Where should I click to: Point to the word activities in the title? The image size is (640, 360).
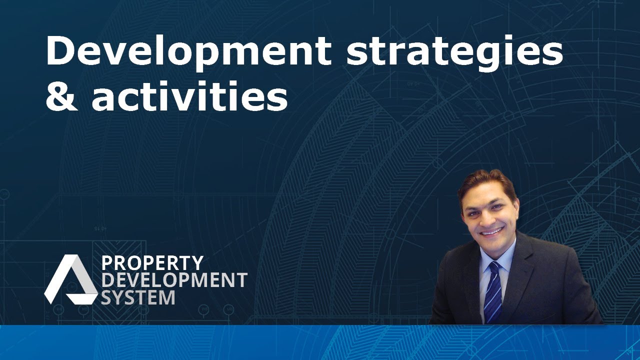pos(189,95)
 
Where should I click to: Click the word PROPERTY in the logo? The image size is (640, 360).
pos(152,263)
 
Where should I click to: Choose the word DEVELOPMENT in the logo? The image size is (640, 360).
pos(174,280)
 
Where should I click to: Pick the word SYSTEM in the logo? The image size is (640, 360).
pos(138,297)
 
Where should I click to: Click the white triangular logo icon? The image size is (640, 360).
pos(70,279)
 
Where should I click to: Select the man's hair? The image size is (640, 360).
pos(488,185)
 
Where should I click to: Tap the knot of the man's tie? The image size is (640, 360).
pos(493,266)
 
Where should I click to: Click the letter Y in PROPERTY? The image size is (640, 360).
pos(197,263)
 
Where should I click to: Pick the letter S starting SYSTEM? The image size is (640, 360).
pos(106,297)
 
